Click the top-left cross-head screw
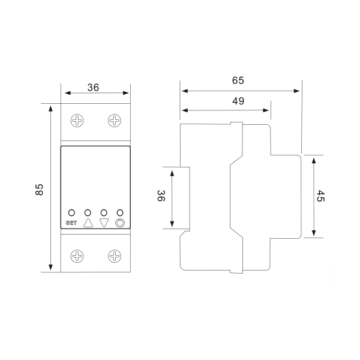77,121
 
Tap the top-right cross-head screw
115,121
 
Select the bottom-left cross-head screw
77,256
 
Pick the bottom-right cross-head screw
115,256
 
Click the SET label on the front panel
71,223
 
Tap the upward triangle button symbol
88,223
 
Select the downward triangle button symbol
104,223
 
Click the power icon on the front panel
120,223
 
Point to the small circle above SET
71,212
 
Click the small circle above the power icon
120,212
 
